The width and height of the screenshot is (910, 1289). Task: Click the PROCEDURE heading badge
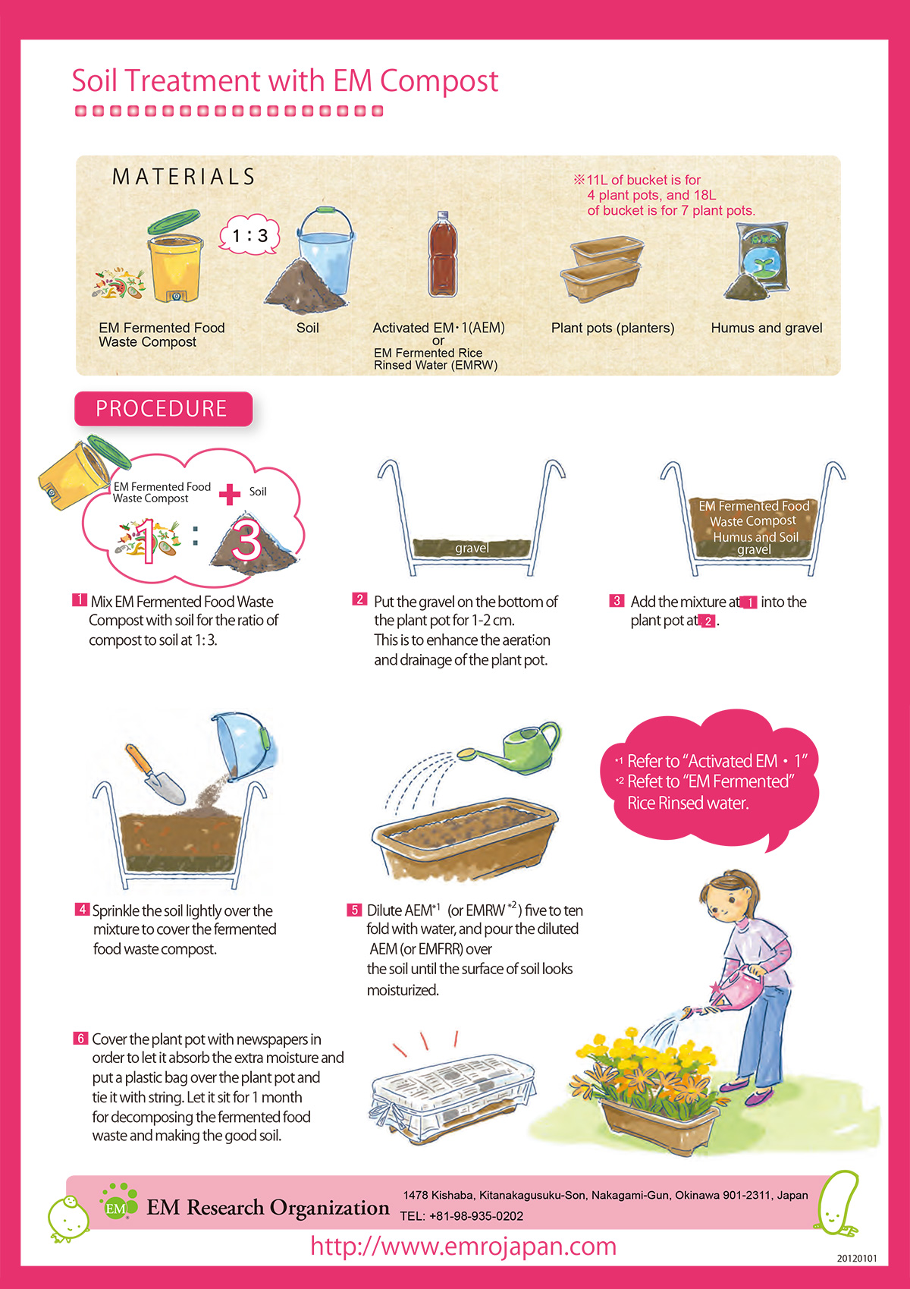click(x=163, y=409)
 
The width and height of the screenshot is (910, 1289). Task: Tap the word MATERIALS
click(x=184, y=177)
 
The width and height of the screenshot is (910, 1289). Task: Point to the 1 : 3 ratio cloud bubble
click(x=249, y=234)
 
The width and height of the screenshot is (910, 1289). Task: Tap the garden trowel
click(x=155, y=774)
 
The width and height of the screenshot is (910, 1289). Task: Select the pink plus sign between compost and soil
click(x=230, y=494)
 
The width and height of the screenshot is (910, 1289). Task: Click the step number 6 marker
click(x=80, y=1038)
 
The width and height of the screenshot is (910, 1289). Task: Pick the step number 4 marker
click(x=82, y=909)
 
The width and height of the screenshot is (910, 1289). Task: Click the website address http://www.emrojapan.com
click(x=463, y=1246)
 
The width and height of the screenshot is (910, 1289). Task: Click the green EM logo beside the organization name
click(x=118, y=1201)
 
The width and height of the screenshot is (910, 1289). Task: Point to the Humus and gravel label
click(x=766, y=328)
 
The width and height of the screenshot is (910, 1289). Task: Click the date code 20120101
click(x=856, y=1259)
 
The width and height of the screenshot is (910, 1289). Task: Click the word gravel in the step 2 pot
click(x=472, y=548)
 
